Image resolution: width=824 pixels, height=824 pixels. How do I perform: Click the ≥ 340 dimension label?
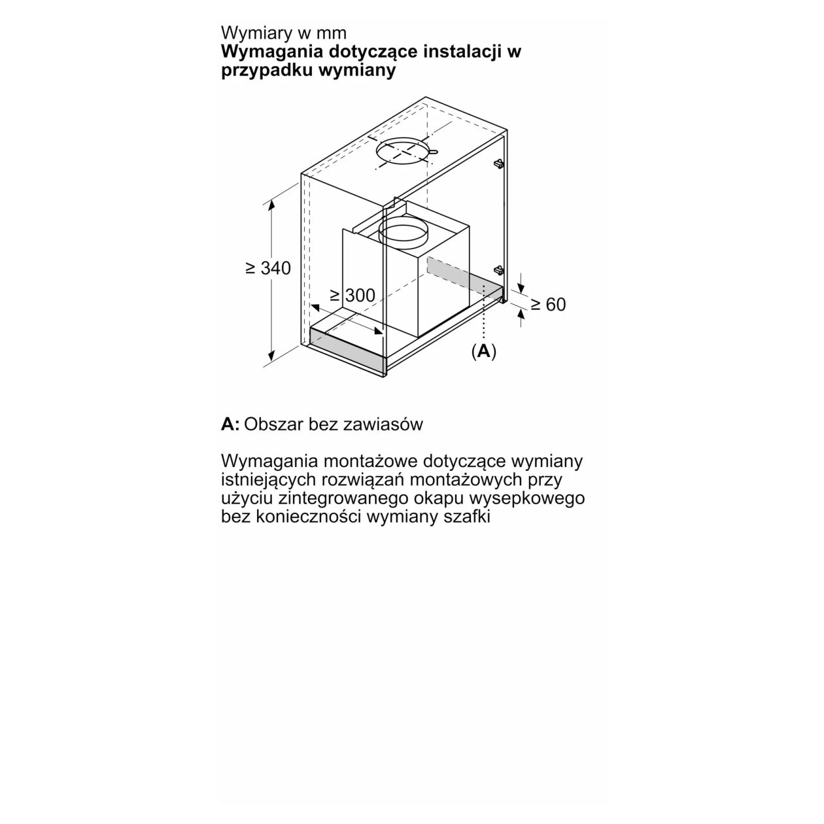pos(268,268)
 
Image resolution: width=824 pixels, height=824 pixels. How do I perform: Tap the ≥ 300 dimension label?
pos(353,296)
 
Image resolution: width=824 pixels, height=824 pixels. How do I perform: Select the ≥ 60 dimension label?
pos(547,304)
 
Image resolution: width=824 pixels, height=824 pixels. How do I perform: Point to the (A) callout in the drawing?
pos(483,351)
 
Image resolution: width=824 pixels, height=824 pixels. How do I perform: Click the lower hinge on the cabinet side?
pos(499,269)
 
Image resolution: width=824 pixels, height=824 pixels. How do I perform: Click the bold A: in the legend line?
pos(230,424)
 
